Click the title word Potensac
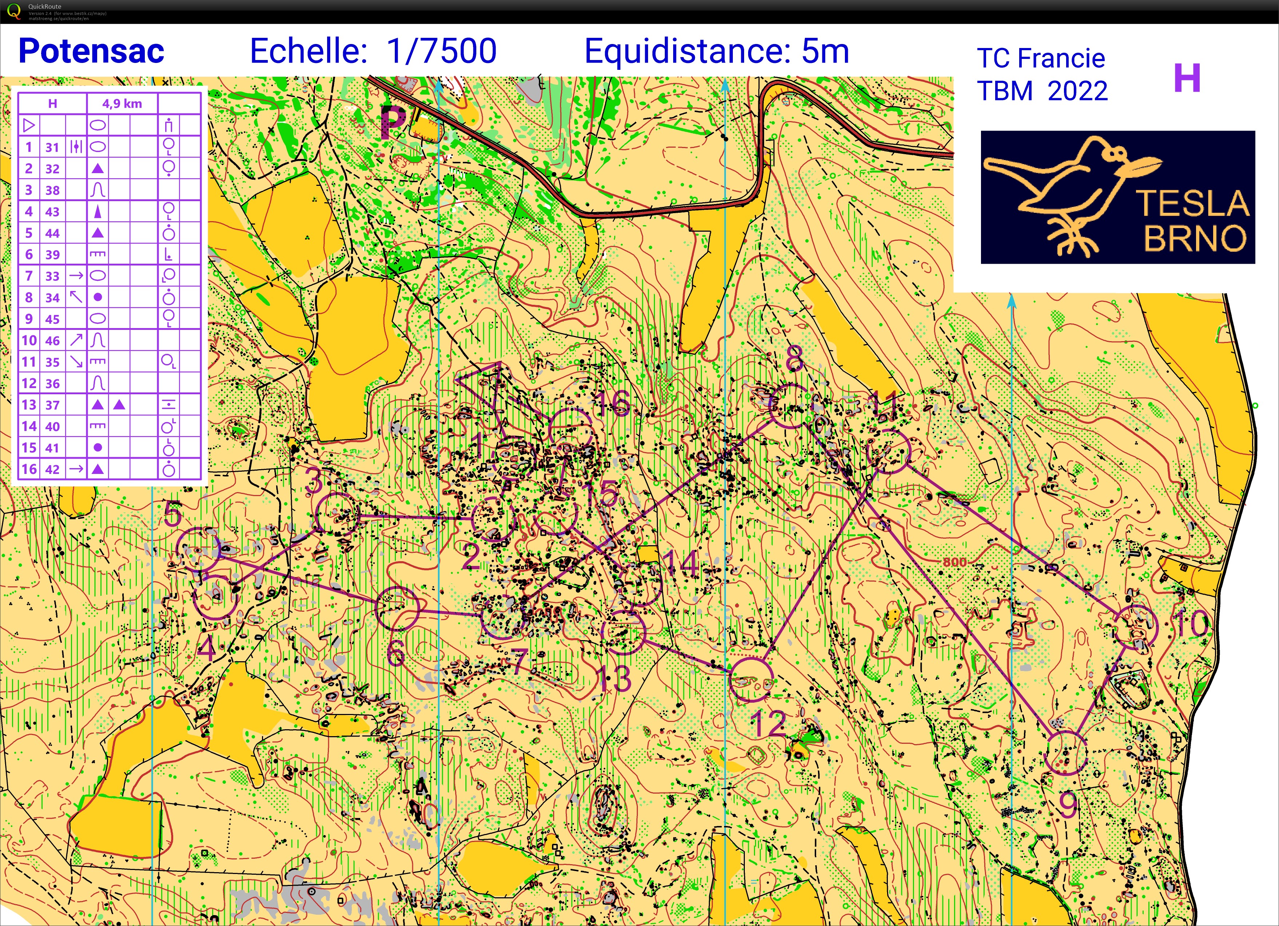[x=91, y=51]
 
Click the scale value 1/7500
[x=442, y=51]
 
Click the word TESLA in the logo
[x=1192, y=203]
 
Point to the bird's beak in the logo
[x=1142, y=166]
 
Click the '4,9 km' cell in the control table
[x=122, y=104]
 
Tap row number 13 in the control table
[x=29, y=405]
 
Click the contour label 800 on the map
[x=954, y=562]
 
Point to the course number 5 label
[x=173, y=515]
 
